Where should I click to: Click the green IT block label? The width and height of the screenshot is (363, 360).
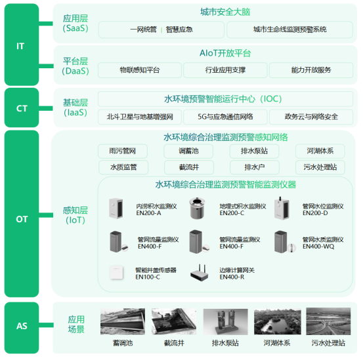click(21, 46)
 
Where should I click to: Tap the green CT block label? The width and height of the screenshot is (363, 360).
click(21, 108)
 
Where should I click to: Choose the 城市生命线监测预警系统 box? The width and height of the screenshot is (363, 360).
click(289, 30)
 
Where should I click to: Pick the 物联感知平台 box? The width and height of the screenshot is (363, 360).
click(139, 70)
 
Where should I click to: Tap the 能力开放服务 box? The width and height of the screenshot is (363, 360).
click(310, 70)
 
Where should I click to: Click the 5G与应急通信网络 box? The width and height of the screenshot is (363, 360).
click(225, 117)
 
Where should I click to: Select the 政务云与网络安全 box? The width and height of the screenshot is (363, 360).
click(311, 117)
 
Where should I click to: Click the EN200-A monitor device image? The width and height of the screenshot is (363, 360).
click(118, 209)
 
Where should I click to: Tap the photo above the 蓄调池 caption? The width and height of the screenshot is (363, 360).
click(122, 322)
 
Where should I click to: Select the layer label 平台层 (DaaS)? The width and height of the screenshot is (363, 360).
click(75, 66)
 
